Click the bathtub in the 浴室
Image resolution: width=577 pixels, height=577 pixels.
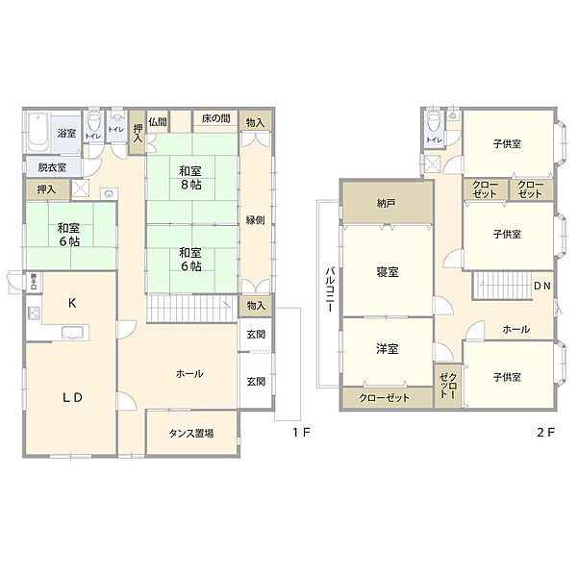[38, 134]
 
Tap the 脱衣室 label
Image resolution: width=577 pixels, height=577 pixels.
[52, 167]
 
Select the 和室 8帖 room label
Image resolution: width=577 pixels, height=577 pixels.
[189, 177]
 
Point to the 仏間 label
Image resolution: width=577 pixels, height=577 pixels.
[158, 122]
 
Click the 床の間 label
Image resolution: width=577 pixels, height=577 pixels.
[215, 119]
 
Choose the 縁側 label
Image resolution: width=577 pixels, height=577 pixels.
[255, 217]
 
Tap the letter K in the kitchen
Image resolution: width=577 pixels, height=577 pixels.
[71, 302]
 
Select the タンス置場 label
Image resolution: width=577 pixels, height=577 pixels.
[190, 433]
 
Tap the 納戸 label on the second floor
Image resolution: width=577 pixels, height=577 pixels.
[386, 203]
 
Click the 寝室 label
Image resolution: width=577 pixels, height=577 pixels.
[388, 271]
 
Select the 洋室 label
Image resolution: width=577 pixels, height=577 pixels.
[388, 349]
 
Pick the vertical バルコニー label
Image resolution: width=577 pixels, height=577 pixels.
[329, 285]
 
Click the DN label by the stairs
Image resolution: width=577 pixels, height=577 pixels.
[542, 286]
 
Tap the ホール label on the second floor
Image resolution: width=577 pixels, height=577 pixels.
[515, 329]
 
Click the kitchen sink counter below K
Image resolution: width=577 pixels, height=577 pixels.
[74, 333]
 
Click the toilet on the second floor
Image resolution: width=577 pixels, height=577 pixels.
[434, 122]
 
